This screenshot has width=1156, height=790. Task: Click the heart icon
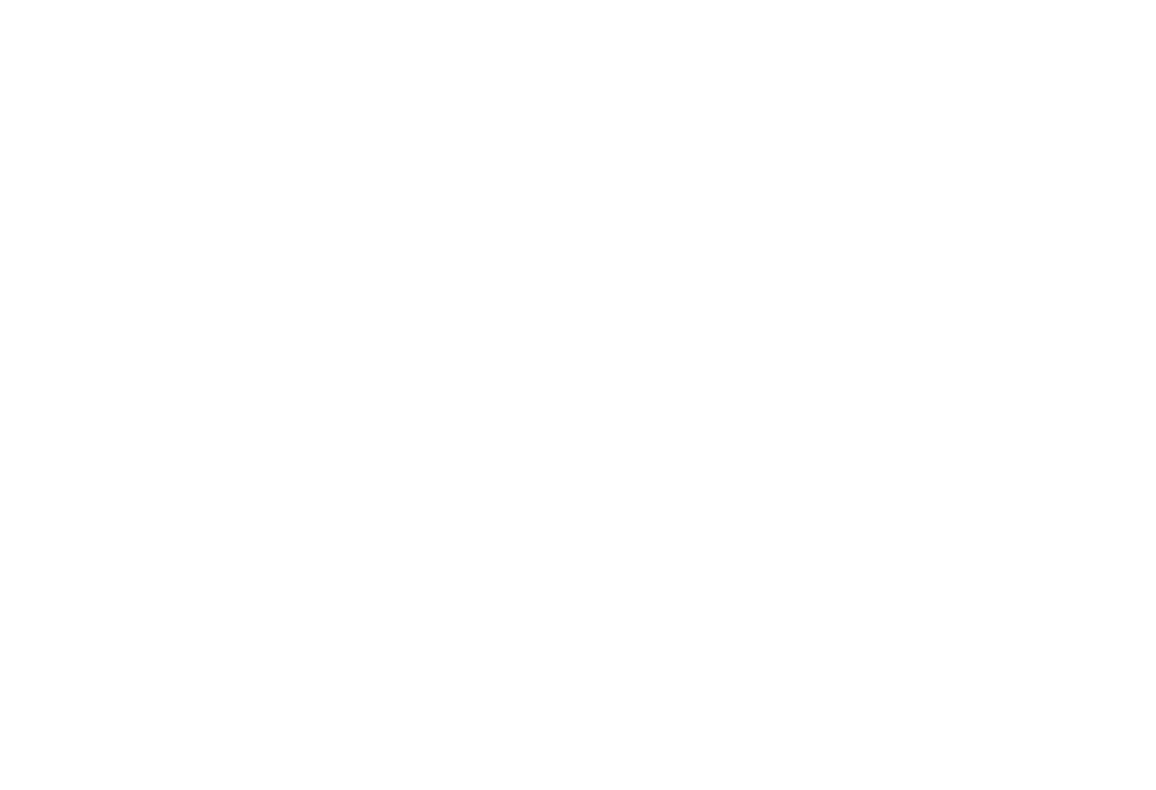(x=588, y=130)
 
